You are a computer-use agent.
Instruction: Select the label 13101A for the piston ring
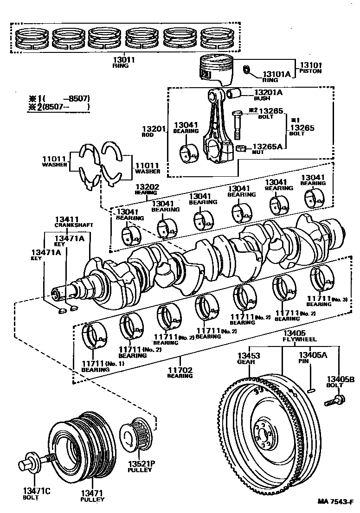pos(276,74)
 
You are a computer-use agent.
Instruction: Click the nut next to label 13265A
pos(241,148)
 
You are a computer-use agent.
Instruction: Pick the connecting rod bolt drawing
pos(237,124)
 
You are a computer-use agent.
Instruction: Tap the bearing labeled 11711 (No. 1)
pos(95,339)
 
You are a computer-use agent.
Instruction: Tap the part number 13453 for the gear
pos(249,356)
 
